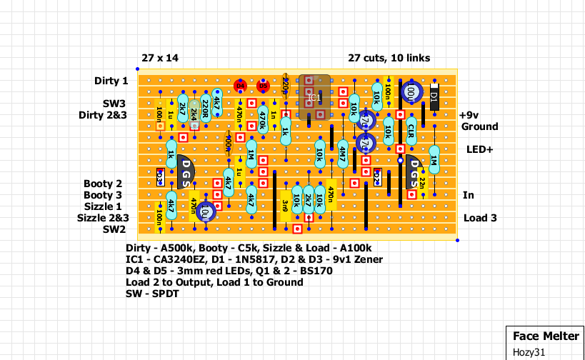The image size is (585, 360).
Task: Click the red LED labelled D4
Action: click(x=240, y=86)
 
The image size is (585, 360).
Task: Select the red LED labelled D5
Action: click(x=263, y=86)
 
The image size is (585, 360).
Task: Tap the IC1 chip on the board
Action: click(x=314, y=97)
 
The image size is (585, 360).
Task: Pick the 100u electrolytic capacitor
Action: click(x=411, y=92)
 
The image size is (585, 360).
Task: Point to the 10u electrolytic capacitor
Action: click(x=206, y=211)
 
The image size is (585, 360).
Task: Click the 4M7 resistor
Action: click(x=342, y=153)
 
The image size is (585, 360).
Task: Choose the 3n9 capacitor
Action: click(x=285, y=205)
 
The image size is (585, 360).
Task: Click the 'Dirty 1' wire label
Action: click(x=111, y=81)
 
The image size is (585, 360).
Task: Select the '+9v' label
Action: click(x=469, y=115)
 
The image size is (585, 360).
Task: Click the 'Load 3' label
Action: click(x=480, y=218)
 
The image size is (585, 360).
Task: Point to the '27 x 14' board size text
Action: click(x=159, y=58)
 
